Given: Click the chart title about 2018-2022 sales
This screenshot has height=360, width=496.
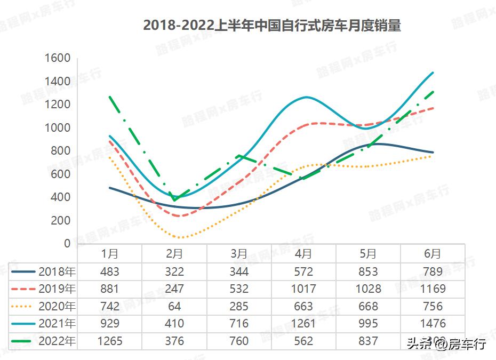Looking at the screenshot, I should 272,25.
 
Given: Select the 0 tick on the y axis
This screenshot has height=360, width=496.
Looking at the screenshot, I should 67,243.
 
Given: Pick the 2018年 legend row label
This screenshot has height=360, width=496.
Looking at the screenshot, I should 57,271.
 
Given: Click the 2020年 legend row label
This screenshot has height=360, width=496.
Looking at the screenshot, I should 57,306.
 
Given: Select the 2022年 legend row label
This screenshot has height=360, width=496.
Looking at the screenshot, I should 57,341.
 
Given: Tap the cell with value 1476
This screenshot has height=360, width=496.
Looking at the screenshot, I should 433,324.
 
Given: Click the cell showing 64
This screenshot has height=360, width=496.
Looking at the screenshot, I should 174,306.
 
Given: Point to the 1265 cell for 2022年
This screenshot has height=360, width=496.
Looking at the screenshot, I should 110,341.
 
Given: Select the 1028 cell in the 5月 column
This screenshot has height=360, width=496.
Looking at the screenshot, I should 368,289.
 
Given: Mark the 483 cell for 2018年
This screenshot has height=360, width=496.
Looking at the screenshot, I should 110,271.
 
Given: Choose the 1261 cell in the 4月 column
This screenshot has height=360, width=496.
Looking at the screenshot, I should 303,324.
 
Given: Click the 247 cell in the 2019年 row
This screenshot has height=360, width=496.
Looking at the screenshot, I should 174,289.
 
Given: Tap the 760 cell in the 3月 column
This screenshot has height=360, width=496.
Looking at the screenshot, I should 239,341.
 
